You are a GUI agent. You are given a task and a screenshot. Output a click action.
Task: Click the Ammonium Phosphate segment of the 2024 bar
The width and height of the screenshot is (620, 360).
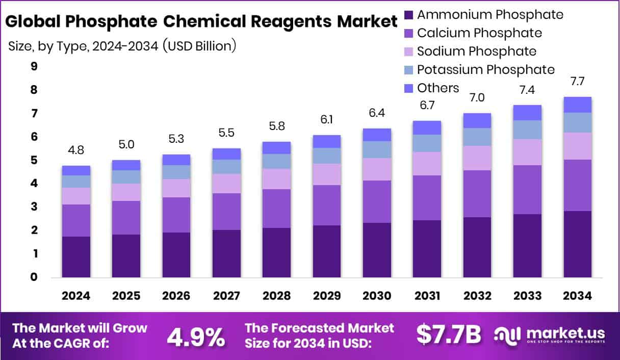[x=76, y=256]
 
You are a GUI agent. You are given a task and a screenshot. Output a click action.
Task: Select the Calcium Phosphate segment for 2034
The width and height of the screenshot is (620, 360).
[x=578, y=185]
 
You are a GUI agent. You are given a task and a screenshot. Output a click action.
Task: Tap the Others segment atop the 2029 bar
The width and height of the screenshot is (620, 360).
[x=327, y=141]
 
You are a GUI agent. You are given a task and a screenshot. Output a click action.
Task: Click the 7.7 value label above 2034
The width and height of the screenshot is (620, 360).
[x=578, y=81]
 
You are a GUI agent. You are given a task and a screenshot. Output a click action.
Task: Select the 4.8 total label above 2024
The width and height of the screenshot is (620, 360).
[x=76, y=150]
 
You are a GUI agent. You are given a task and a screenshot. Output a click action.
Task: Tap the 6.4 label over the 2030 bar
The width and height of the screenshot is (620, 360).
[x=377, y=113]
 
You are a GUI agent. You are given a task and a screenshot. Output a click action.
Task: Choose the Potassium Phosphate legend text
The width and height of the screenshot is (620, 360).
[x=485, y=69]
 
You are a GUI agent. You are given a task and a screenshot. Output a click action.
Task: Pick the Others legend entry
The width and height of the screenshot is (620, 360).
[x=437, y=88]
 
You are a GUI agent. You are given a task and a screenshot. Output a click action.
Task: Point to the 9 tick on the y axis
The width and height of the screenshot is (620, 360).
[x=34, y=66]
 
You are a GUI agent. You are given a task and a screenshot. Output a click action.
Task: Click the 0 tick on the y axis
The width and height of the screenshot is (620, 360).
[x=34, y=277]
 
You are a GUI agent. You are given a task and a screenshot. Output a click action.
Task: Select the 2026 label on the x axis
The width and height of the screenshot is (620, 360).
[x=176, y=296]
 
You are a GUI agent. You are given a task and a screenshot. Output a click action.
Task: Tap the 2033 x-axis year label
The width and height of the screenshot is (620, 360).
[x=527, y=296]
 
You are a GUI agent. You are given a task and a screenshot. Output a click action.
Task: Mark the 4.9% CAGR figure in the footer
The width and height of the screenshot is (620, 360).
[x=196, y=336]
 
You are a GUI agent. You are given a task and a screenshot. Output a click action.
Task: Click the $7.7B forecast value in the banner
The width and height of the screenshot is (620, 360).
[x=448, y=335]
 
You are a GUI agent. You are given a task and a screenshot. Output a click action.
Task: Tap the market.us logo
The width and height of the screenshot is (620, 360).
[x=550, y=335]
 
